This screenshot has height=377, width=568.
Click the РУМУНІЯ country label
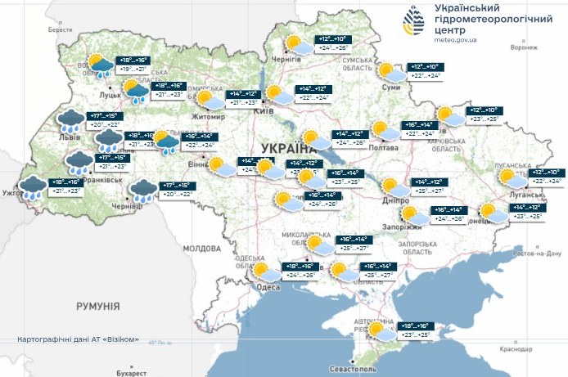(97, 306)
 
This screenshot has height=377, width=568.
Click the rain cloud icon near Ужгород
(33, 186)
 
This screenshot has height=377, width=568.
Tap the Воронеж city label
(524, 47)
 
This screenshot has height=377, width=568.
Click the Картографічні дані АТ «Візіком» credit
(78, 339)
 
